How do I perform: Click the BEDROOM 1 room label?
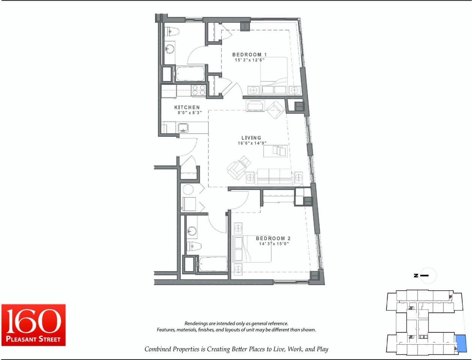tap(250, 55)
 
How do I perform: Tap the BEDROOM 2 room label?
tap(273, 238)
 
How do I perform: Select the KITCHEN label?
tap(187, 107)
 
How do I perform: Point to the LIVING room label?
tap(251, 138)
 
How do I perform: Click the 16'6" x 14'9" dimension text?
tap(252, 143)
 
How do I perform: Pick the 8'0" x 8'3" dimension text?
tap(189, 112)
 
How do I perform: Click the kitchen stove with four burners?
tap(199, 90)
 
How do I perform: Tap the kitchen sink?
tap(183, 128)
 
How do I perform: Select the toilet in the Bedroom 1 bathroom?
tap(171, 32)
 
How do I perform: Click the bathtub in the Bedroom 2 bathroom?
tap(213, 264)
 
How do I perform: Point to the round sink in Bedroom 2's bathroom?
tap(192, 231)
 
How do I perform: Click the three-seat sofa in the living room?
tap(274, 177)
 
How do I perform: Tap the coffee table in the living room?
tap(275, 151)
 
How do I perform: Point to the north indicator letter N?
tap(416, 275)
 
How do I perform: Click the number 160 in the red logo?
tap(33, 321)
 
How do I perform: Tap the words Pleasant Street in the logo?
tap(33, 339)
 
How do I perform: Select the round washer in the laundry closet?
tap(188, 190)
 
